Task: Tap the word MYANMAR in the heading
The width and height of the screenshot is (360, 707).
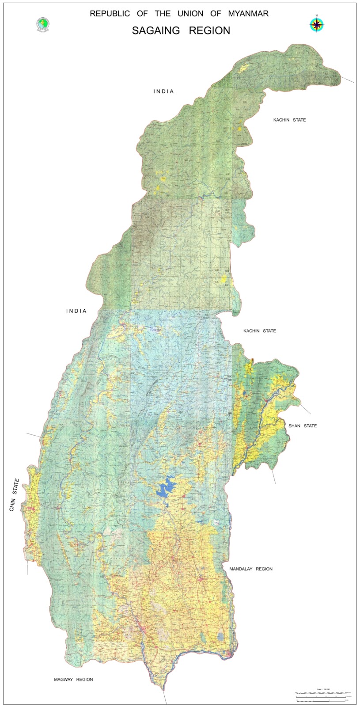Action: tap(248, 14)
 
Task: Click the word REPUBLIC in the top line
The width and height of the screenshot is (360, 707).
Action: tap(110, 14)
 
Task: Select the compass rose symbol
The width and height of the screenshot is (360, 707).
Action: tap(316, 24)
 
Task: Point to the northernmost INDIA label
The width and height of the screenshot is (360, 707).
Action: tap(164, 91)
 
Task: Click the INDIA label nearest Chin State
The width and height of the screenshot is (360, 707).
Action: tap(76, 311)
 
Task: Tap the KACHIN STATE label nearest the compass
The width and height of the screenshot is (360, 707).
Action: tap(289, 120)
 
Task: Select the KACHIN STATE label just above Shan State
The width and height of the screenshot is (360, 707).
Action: tap(260, 331)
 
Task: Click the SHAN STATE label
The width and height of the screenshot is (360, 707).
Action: tap(303, 426)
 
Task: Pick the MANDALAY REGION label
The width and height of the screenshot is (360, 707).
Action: tap(251, 569)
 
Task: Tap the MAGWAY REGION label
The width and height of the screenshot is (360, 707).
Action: tap(73, 680)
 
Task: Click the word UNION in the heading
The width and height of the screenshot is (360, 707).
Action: tap(191, 14)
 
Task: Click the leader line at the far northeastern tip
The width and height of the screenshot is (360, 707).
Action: tap(348, 80)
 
